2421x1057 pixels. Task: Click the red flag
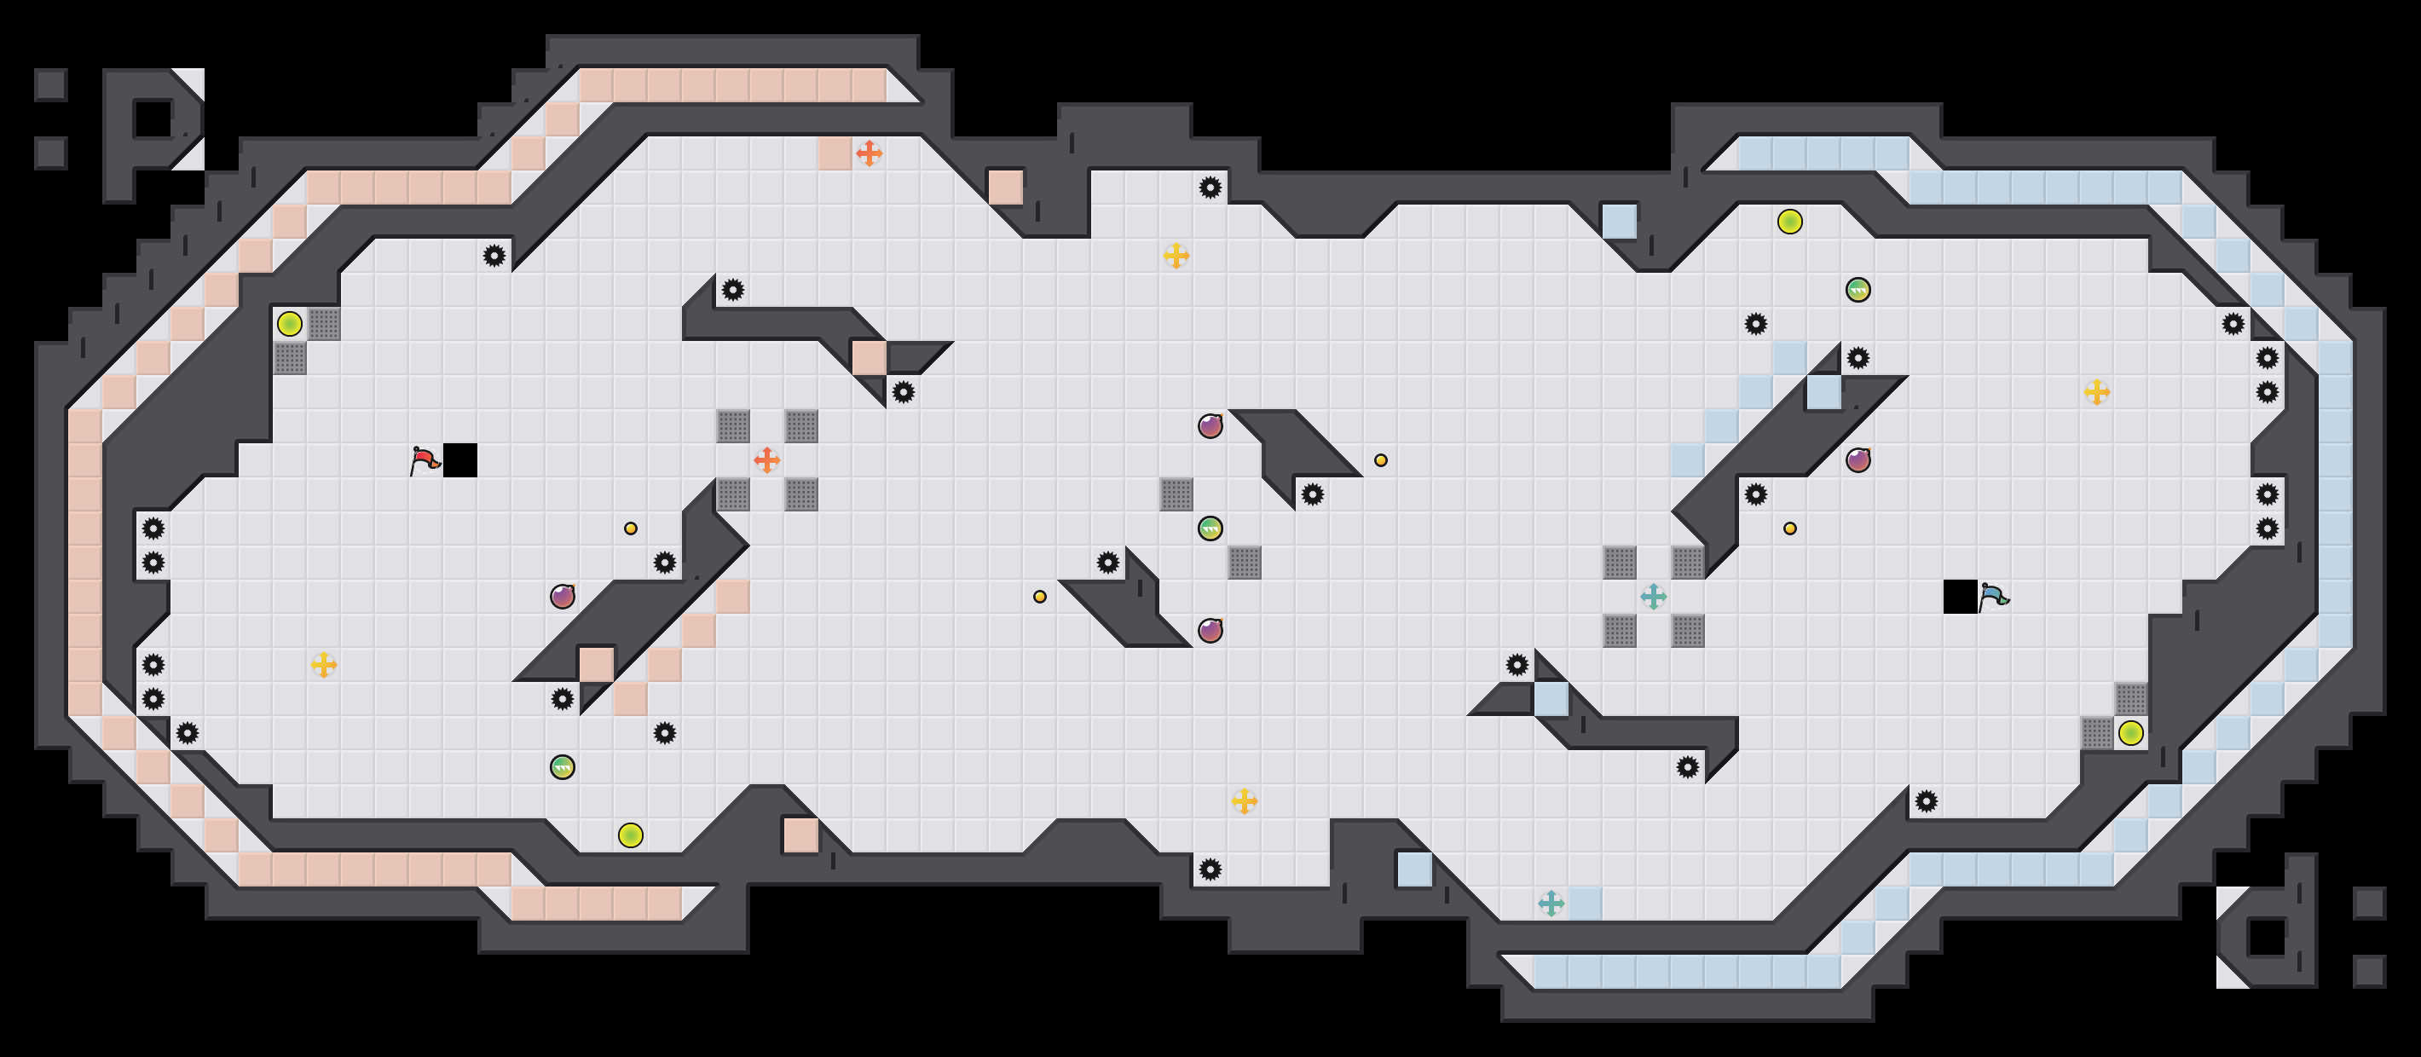pyautogui.click(x=425, y=460)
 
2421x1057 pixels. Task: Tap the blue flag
pyautogui.click(x=1993, y=597)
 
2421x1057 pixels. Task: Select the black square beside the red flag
pyautogui.click(x=460, y=460)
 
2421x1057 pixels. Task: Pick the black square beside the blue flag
pyautogui.click(x=1961, y=597)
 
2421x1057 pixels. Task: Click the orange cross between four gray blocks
pyautogui.click(x=767, y=460)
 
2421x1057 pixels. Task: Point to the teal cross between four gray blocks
pyautogui.click(x=1654, y=597)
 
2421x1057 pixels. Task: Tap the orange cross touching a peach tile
pyautogui.click(x=870, y=153)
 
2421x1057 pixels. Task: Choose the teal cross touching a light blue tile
pyautogui.click(x=1551, y=904)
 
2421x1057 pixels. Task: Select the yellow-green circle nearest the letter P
pyautogui.click(x=290, y=324)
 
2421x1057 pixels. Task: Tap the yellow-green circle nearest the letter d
pyautogui.click(x=2131, y=733)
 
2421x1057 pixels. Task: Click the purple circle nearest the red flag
pyautogui.click(x=563, y=597)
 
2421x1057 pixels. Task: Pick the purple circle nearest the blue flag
pyautogui.click(x=1858, y=460)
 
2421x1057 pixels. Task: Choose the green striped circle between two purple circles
pyautogui.click(x=1210, y=529)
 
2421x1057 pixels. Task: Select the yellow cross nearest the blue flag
pyautogui.click(x=2097, y=392)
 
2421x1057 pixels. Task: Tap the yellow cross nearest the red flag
pyautogui.click(x=324, y=665)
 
